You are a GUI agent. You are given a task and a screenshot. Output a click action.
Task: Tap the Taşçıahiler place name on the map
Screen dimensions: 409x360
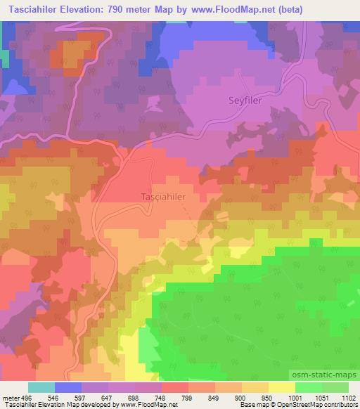[x=163, y=197]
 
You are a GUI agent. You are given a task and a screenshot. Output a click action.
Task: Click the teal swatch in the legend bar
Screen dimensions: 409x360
[x=41, y=387]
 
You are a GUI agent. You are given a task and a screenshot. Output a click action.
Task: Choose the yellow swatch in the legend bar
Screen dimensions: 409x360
[x=281, y=387]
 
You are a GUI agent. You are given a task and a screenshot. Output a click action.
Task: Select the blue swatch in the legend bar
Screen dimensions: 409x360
[x=67, y=387]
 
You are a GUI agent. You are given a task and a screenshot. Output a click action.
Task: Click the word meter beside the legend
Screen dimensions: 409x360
[x=10, y=398]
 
